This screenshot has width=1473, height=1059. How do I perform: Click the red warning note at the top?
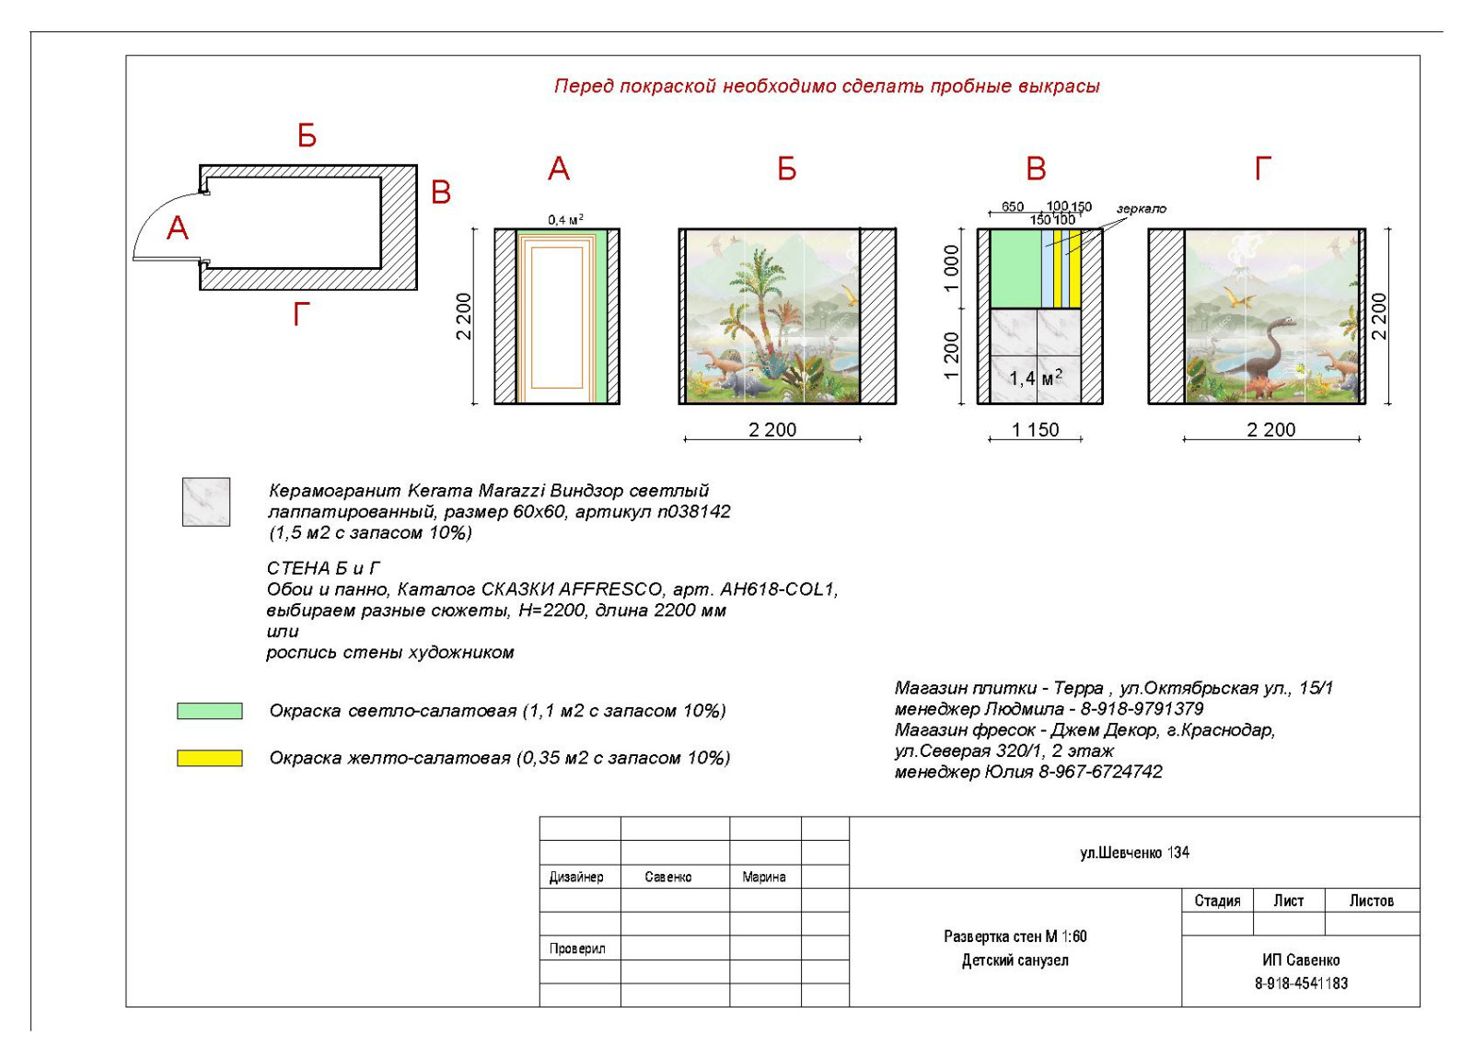(826, 87)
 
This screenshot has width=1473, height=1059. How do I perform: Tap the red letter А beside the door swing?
(178, 228)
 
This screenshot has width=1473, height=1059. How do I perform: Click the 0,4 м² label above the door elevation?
(565, 219)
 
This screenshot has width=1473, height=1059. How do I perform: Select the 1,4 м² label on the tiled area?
(1035, 378)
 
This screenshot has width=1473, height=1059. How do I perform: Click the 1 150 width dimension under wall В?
(1035, 430)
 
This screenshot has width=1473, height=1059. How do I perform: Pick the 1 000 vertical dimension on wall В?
(952, 268)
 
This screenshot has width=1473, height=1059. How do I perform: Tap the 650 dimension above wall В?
(1012, 206)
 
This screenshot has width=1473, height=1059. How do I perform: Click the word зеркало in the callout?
(1141, 209)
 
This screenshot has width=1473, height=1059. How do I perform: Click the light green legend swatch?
(210, 711)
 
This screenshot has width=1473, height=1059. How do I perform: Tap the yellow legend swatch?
(210, 758)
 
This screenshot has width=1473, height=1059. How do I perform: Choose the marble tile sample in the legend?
(206, 502)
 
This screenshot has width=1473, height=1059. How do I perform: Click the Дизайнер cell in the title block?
(576, 877)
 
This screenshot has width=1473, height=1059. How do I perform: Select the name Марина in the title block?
(764, 877)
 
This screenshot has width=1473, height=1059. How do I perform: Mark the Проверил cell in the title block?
(577, 948)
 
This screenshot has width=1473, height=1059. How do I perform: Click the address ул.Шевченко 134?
(1134, 853)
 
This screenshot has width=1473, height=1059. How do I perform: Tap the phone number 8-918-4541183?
(1300, 983)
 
